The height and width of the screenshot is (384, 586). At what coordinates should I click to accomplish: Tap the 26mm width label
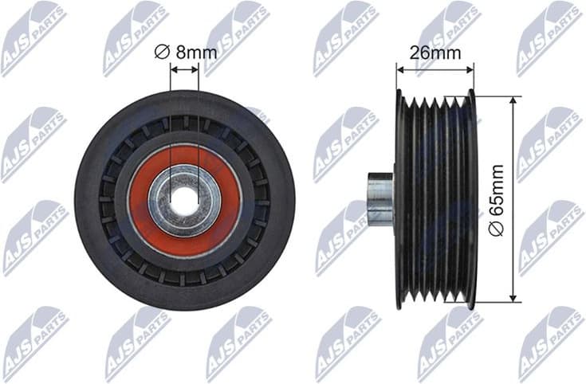pos(435,53)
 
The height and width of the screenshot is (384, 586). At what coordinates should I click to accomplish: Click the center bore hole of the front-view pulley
pos(184,200)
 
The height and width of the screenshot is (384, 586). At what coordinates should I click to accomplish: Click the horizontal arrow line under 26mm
pos(435,70)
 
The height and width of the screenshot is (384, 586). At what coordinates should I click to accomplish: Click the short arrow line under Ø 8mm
pos(184,69)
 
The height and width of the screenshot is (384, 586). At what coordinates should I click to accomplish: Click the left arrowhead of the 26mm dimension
pos(400,70)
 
